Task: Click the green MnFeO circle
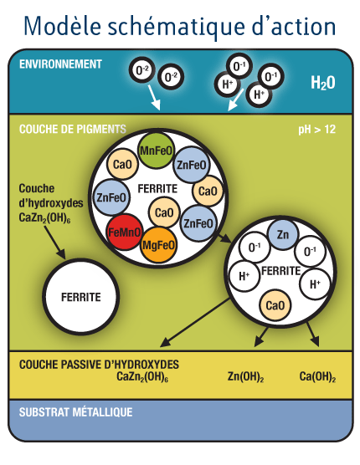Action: [x=156, y=151]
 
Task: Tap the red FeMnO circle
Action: [x=125, y=232]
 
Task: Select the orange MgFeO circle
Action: [x=158, y=245]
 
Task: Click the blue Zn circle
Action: [x=282, y=234]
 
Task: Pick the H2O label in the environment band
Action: [x=323, y=83]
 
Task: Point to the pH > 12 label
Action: [x=316, y=130]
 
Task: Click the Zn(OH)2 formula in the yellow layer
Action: [x=246, y=376]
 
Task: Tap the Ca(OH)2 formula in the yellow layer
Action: [x=317, y=376]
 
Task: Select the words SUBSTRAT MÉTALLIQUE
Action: [x=75, y=412]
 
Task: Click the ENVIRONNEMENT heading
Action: [x=60, y=64]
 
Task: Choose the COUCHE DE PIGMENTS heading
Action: [x=73, y=129]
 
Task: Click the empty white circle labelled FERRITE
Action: [x=80, y=297]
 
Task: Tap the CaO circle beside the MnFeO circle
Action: [x=122, y=164]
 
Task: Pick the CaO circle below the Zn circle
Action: [x=275, y=305]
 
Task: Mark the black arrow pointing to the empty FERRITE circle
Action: [x=54, y=242]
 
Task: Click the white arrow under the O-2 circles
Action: [x=154, y=98]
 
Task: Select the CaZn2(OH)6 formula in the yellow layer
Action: [x=142, y=376]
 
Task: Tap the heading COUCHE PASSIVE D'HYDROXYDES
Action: [x=99, y=365]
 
